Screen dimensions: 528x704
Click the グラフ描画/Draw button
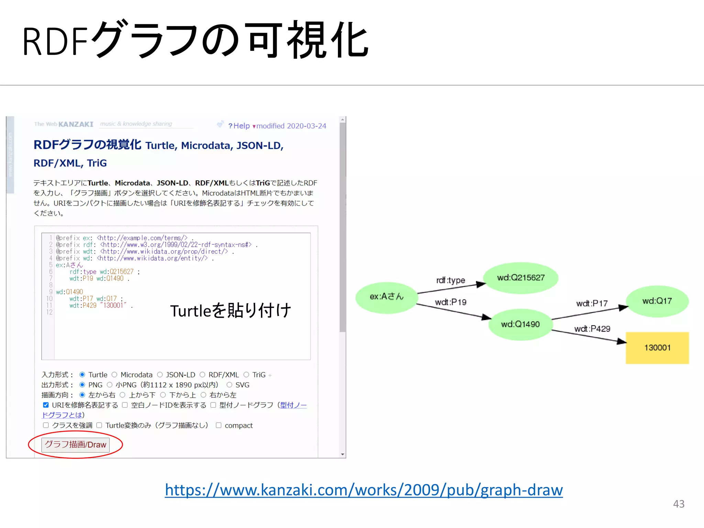[75, 444]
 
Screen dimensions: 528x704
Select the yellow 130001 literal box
[657, 348]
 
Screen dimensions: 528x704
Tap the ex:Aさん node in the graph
[386, 297]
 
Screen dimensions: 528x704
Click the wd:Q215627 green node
[520, 278]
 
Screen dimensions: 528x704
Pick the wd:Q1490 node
[520, 324]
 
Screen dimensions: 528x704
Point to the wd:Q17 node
[657, 301]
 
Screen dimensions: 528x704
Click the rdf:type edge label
[450, 280]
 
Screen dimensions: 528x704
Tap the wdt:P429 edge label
[592, 329]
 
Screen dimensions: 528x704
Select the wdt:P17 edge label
[592, 304]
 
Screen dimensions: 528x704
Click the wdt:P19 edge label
[450, 302]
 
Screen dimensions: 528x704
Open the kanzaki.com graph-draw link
[364, 490]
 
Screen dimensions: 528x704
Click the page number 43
[679, 504]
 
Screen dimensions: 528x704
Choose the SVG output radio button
[229, 385]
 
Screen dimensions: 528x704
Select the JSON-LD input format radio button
[160, 375]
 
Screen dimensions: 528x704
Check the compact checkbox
[219, 425]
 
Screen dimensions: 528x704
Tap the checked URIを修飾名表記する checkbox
[46, 405]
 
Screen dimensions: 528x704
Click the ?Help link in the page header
[239, 126]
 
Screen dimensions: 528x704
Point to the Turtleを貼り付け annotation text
[230, 311]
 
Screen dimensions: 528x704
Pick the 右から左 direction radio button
[203, 395]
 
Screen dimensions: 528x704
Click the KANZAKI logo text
[76, 124]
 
